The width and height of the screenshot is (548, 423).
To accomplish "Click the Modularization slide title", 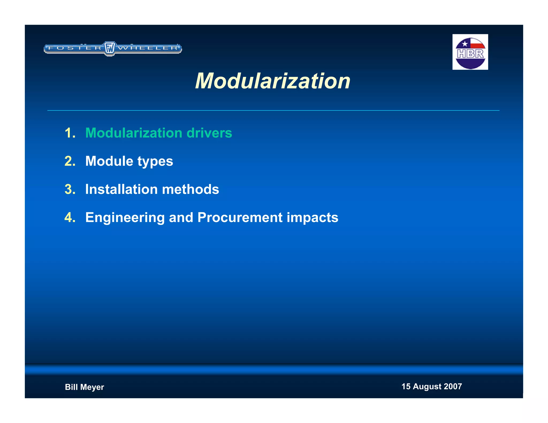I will (272, 81).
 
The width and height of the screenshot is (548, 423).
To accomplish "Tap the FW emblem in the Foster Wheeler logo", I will (109, 48).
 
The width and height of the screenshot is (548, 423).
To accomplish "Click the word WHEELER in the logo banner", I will (148, 48).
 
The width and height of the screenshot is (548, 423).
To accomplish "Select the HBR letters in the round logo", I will (470, 54).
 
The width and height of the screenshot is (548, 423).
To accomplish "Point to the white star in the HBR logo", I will (465, 44).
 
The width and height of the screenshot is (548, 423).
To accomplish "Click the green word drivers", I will (209, 133).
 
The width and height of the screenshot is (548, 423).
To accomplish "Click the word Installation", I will (121, 189).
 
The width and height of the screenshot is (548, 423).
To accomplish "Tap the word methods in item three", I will (191, 189).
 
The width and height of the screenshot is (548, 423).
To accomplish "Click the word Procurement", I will (240, 217).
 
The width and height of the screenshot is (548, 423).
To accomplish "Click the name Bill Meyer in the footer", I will (84, 387).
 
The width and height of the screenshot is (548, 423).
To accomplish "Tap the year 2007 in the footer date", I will (453, 386).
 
